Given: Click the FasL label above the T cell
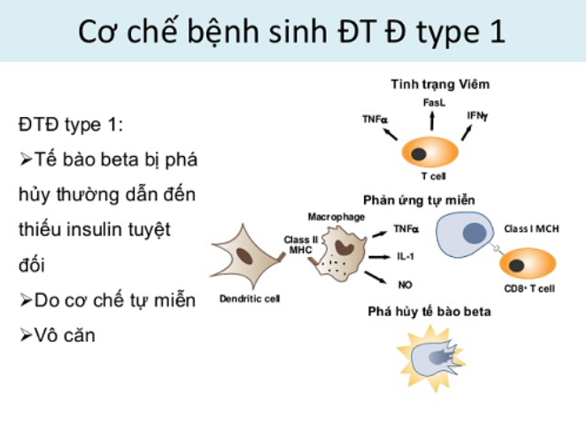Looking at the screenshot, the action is coord(434,103).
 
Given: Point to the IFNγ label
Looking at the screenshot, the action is coord(477,116).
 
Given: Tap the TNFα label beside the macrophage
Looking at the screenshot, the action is coord(406,228).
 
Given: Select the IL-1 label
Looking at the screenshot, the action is coord(406,257).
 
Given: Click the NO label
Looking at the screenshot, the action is coord(405,285).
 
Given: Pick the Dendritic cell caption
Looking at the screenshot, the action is coord(250,298).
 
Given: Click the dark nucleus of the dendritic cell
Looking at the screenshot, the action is coord(244,257).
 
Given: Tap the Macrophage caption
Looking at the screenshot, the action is coord(337,217).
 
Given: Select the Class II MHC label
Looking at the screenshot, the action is coord(301,244).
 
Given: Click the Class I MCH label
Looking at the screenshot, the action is coord(531,228).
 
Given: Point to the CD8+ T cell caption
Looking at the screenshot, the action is coord(530,289).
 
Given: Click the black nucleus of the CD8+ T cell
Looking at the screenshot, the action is coord(516,266).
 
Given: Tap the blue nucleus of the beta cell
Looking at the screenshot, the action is coord(475,233).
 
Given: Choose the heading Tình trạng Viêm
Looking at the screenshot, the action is coord(440,84).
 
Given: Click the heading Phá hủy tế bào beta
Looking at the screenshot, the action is coord(429,312).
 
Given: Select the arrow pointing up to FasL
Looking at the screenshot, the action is coord(432,120).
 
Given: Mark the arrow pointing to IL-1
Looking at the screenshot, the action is coord(380,257).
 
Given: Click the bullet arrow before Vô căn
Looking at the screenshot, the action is coord(26,336).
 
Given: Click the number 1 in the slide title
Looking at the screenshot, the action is coord(498,32).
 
